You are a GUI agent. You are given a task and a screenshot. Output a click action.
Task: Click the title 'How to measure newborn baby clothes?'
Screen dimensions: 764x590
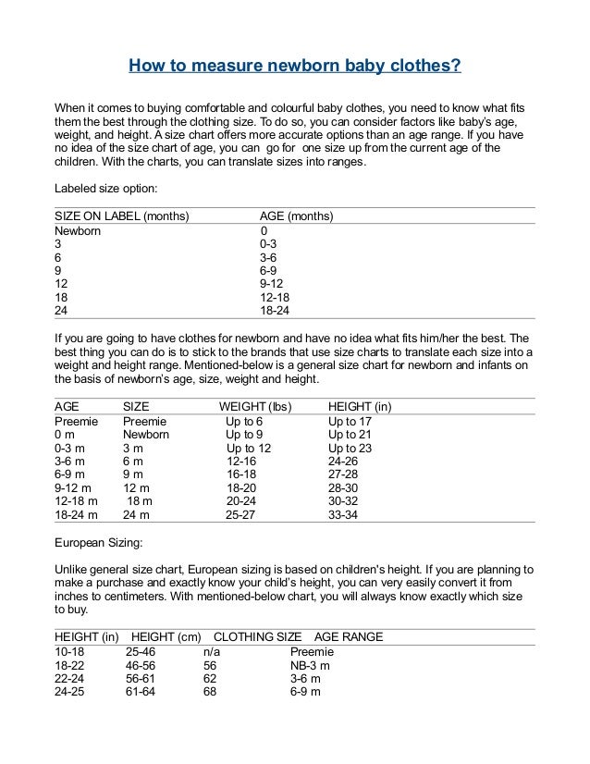(x=294, y=67)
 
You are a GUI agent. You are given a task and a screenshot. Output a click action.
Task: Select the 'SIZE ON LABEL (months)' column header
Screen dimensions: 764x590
(x=122, y=216)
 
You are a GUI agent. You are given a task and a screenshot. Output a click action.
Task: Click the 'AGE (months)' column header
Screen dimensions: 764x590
(x=297, y=216)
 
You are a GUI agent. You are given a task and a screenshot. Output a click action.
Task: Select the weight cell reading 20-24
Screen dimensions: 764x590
(x=242, y=501)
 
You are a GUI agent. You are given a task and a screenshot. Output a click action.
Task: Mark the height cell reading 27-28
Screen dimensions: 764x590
(x=344, y=474)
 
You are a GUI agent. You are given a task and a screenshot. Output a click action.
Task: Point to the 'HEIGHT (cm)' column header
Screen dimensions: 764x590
(x=166, y=636)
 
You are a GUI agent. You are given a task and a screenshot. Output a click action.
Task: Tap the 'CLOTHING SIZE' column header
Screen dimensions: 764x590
(x=258, y=636)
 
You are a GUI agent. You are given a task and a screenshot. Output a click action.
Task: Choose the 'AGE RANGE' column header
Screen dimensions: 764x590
(x=349, y=636)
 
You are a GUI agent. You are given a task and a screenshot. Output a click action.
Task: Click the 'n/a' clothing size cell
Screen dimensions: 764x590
(x=211, y=651)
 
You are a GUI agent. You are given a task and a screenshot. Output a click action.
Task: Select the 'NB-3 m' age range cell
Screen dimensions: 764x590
(x=311, y=664)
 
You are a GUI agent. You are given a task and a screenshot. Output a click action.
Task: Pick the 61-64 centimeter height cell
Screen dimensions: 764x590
(x=141, y=691)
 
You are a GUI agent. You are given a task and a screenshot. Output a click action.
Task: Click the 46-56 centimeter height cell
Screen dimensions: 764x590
(x=141, y=664)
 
